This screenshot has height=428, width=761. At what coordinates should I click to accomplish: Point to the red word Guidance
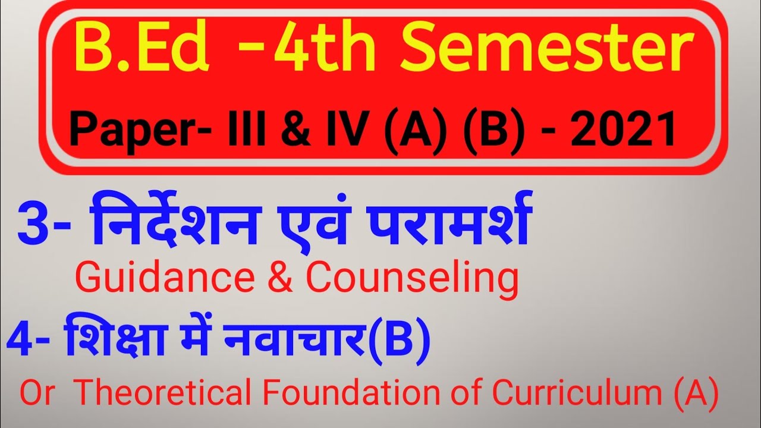pos(155,279)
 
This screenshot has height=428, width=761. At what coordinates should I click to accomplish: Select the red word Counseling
pos(411,279)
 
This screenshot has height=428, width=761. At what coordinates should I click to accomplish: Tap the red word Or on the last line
pos(37,393)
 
